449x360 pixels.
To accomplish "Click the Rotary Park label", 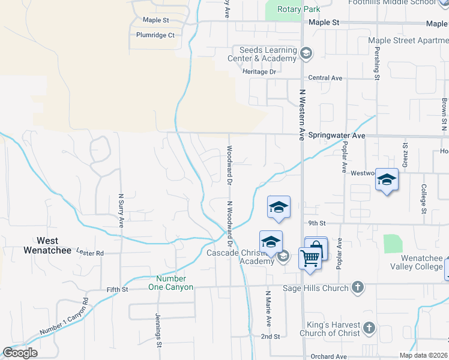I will click(298, 9).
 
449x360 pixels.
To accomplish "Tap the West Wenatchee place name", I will click(47, 245).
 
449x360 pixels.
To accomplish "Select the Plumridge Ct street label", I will click(155, 35).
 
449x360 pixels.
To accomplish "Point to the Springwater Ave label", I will click(337, 136).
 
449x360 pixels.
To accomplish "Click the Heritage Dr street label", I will click(259, 71).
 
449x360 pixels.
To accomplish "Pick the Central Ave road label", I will click(325, 78).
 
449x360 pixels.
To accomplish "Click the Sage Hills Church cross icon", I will click(358, 287).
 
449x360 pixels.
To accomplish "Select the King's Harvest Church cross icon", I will click(369, 328).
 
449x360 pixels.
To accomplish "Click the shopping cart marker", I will click(310, 259).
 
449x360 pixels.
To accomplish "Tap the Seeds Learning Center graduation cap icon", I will click(306, 54).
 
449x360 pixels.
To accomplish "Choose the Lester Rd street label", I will click(91, 253).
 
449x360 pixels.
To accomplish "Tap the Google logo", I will click(20, 353).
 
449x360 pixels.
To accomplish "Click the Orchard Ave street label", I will click(328, 356).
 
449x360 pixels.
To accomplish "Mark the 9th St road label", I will click(316, 223).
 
